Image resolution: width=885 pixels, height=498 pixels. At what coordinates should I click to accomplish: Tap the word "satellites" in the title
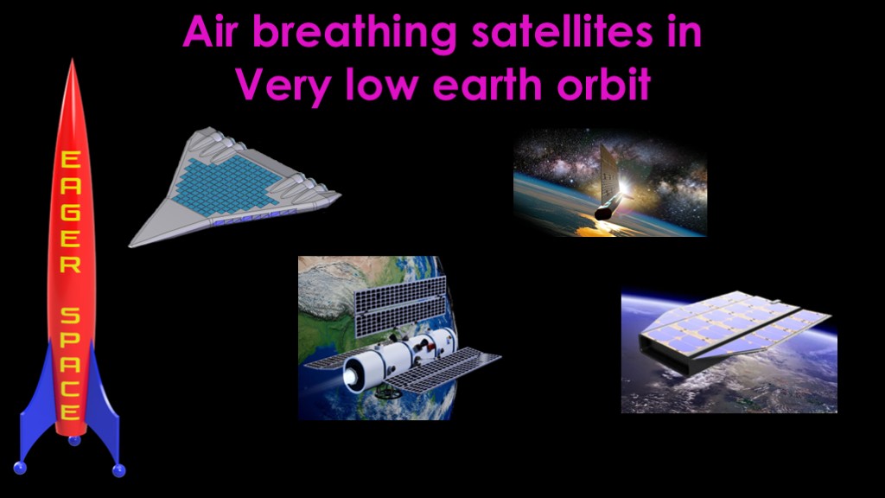562,32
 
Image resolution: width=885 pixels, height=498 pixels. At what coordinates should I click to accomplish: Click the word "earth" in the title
487,84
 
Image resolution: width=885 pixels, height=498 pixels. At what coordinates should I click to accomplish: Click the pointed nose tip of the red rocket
72,60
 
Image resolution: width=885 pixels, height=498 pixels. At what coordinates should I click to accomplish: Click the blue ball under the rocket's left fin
20,468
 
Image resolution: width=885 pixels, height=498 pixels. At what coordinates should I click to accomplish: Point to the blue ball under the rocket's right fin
118,469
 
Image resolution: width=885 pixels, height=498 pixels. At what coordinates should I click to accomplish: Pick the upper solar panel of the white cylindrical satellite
400,306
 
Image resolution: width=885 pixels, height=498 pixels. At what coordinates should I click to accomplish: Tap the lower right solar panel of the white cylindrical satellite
442,370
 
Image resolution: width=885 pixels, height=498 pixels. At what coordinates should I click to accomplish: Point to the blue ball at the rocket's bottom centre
74,440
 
